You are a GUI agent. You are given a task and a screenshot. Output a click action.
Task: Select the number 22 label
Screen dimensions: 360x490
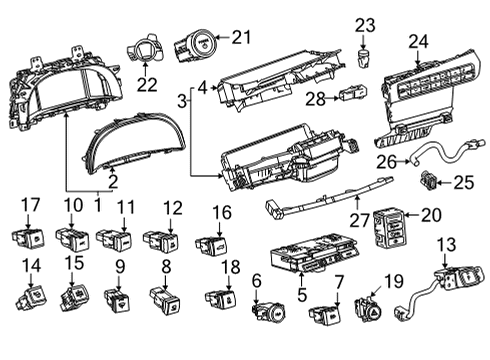147,86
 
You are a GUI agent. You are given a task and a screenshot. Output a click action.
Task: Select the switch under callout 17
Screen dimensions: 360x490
31,240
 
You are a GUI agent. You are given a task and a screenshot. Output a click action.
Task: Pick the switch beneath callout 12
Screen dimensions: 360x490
163,241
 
